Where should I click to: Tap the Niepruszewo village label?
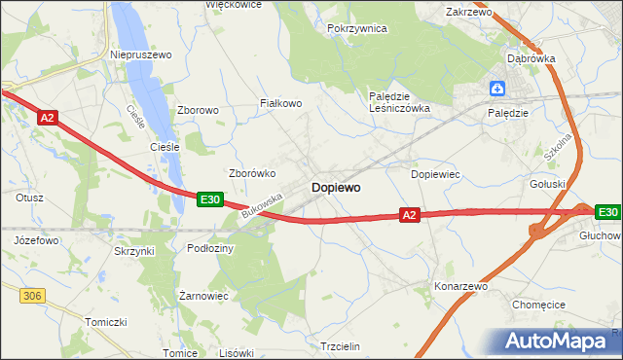(x=141, y=55)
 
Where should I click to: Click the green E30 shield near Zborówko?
(x=209, y=198)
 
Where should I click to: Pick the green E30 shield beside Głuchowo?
(x=607, y=212)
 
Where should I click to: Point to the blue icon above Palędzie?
(x=497, y=90)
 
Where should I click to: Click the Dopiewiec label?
(x=435, y=174)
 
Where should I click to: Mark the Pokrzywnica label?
(x=357, y=29)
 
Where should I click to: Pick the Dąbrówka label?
(x=531, y=58)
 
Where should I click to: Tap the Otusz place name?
(x=29, y=198)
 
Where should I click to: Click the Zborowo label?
(x=198, y=111)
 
